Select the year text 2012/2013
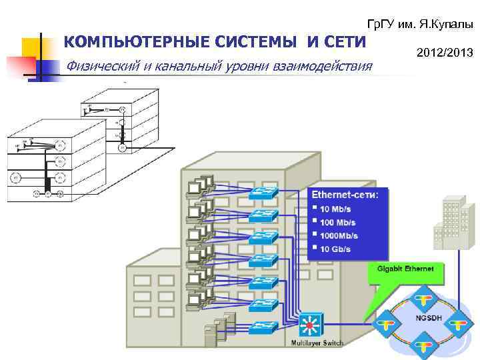[x=443, y=51]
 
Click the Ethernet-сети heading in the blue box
[x=345, y=195]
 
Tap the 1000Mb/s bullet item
[x=339, y=235]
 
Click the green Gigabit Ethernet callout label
[x=405, y=269]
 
